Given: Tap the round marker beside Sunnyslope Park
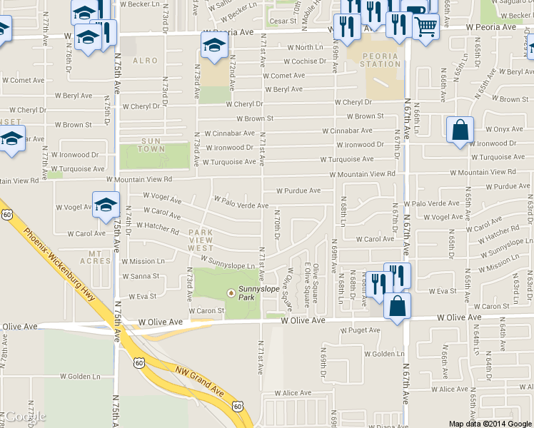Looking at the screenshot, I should [231, 292].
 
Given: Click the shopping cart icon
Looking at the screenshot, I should [425, 26].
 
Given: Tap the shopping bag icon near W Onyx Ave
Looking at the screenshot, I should [460, 131].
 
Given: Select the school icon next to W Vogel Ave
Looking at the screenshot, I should [105, 204].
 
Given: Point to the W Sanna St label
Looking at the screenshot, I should [141, 276].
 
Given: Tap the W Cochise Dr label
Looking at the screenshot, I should [298, 61].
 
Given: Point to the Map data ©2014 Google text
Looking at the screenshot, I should [490, 424].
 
